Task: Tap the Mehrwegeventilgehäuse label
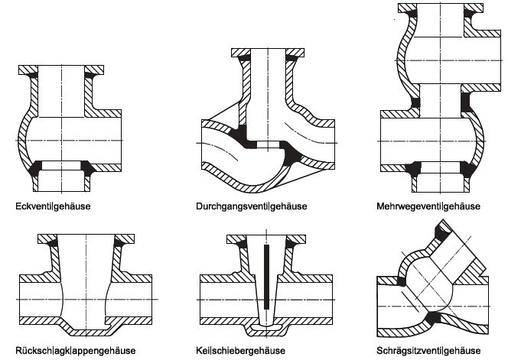(428, 206)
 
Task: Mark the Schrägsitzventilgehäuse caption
(428, 350)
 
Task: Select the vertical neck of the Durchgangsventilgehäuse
(268, 84)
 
